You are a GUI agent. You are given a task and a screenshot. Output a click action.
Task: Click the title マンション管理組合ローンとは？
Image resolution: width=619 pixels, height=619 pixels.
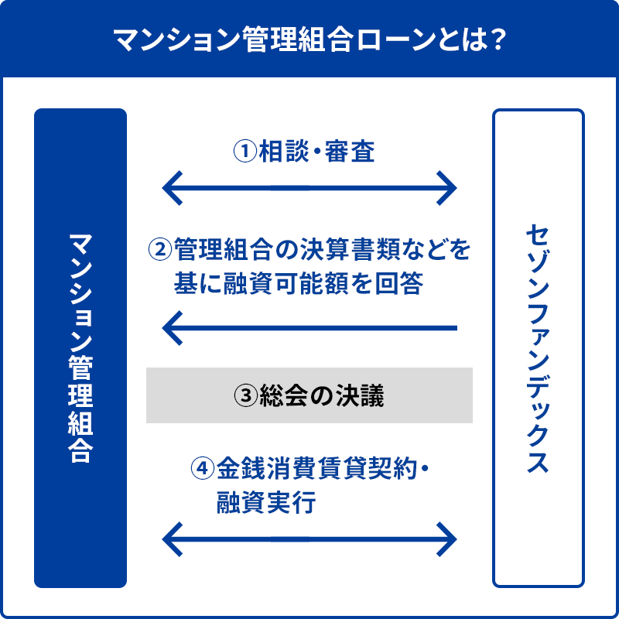309,39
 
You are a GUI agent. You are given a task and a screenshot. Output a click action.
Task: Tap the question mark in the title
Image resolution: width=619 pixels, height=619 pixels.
498,39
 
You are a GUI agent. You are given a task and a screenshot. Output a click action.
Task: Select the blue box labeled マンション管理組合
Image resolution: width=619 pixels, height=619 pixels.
80,347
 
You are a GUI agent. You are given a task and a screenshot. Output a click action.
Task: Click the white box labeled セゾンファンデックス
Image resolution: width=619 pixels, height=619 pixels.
539,347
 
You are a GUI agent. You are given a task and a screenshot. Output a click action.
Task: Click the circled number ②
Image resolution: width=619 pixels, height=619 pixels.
159,249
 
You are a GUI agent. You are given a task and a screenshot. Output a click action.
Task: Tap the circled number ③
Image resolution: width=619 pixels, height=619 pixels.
245,395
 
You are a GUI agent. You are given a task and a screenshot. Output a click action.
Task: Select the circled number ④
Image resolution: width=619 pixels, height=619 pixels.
202,468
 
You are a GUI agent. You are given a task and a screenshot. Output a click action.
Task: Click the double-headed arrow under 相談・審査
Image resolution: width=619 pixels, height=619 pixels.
309,186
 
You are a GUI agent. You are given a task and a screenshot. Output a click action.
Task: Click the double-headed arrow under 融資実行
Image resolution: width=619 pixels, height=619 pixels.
309,538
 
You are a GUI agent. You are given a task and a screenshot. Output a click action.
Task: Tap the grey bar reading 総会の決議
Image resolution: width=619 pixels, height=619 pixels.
309,395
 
